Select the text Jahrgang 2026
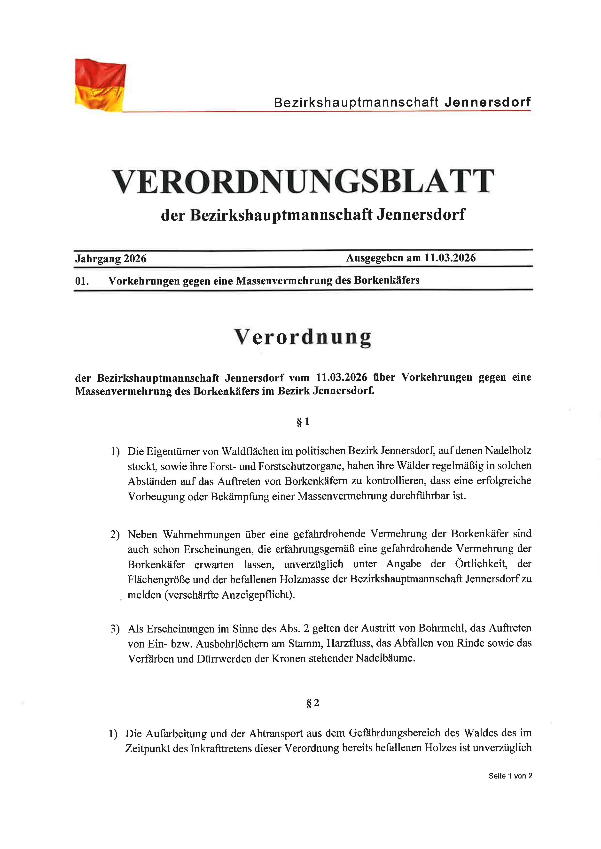coord(111,258)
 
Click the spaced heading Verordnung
coord(303,337)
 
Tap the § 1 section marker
coord(303,422)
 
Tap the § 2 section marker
coord(313,703)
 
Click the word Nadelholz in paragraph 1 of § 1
coord(508,451)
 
